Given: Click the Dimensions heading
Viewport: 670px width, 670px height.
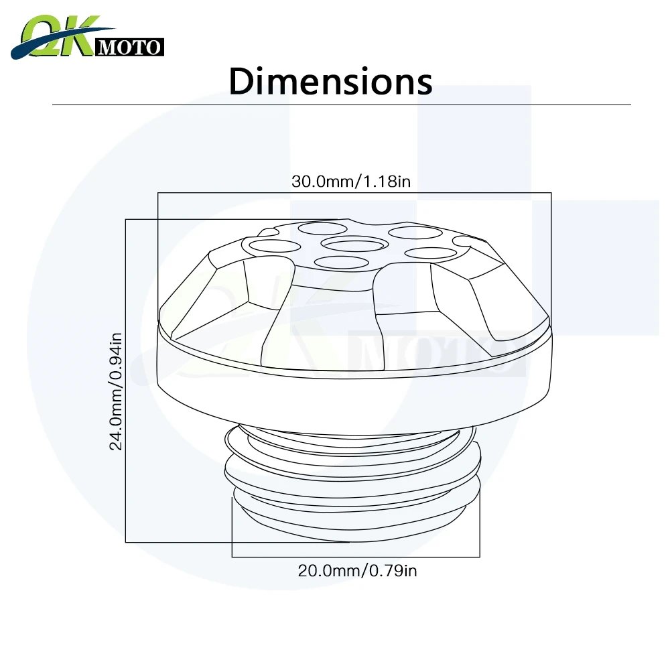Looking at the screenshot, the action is (x=331, y=81).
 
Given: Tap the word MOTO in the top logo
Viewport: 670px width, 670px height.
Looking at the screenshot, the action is (x=129, y=48).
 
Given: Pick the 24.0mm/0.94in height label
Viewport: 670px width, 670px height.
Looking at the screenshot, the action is (x=116, y=391).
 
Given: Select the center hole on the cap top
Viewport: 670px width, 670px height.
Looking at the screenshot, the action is (x=354, y=245).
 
